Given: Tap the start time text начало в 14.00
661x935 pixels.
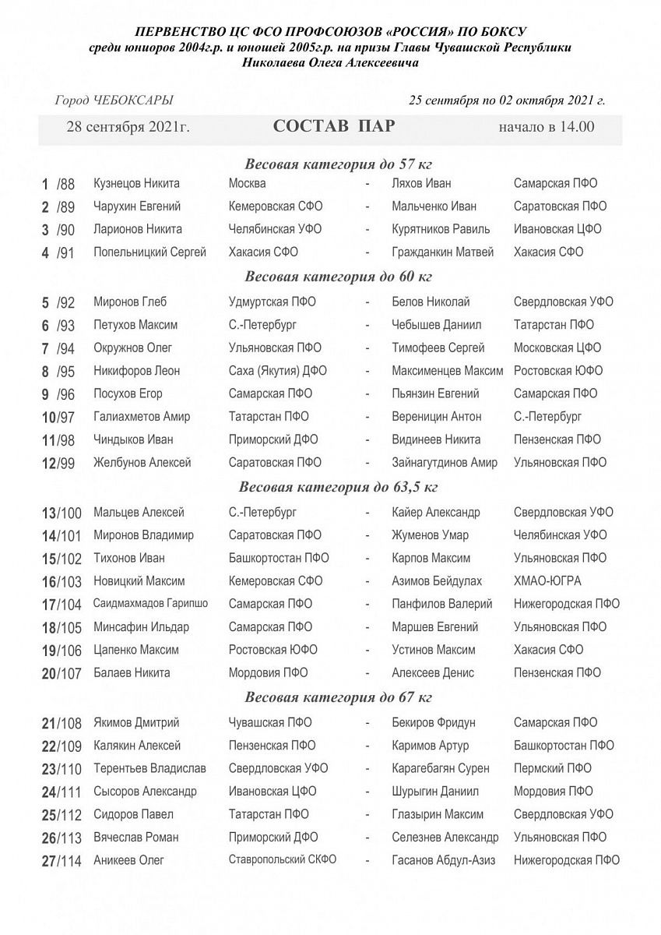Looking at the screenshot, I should (547, 127).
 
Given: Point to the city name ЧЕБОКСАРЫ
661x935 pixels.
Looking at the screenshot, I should (132, 100).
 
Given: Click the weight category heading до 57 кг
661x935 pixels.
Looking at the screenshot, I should (339, 164).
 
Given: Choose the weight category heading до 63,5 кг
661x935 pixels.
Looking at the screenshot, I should (339, 488).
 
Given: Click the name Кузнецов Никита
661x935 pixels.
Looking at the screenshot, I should (136, 184).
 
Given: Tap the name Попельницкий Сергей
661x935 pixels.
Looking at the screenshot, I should (149, 252).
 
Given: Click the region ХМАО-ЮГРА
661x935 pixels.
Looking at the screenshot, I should (547, 581).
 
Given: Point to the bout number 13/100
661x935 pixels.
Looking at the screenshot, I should (62, 513).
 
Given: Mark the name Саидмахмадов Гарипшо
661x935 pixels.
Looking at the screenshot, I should (150, 604).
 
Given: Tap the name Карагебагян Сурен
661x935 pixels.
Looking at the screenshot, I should (441, 769).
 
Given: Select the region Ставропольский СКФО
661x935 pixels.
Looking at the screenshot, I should (283, 860).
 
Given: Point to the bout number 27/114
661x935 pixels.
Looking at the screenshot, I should (62, 861).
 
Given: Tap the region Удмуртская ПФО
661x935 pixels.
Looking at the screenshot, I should (272, 302).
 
